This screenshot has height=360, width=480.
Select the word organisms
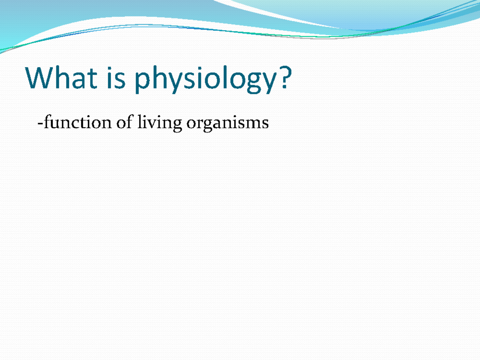[x=227, y=123]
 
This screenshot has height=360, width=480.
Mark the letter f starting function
[x=45, y=122]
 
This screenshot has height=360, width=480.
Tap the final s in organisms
[x=265, y=124]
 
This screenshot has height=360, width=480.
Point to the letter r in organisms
[x=199, y=124]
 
